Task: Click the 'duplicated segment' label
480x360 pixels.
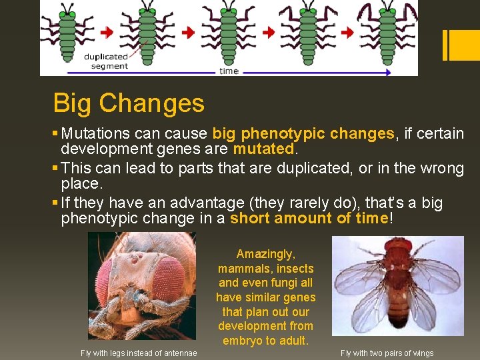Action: (x=105, y=61)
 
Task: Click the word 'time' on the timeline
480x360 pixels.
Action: (x=229, y=71)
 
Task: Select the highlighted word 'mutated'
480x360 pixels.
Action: (x=263, y=148)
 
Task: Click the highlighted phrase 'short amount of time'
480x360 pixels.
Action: (x=309, y=218)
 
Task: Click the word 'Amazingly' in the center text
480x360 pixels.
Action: (x=265, y=254)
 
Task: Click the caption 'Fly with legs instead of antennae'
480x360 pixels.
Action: (x=139, y=353)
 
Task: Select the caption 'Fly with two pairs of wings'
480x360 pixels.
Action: (x=387, y=353)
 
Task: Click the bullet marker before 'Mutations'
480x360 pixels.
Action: (x=56, y=134)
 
